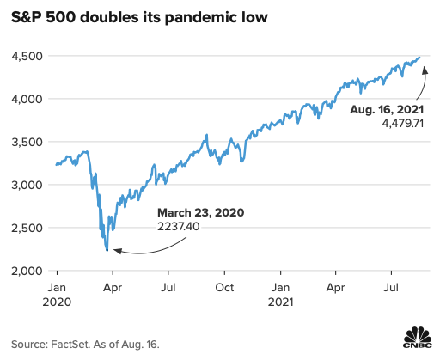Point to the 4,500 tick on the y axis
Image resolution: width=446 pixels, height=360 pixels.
coord(27,57)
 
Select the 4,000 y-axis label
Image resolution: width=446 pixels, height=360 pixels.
coord(27,100)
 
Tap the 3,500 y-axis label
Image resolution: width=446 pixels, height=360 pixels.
coord(27,143)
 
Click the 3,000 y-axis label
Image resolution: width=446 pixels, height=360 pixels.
coord(27,186)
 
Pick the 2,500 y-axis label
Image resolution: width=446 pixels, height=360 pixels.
coord(27,229)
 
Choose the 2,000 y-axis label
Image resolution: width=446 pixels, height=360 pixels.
coord(27,272)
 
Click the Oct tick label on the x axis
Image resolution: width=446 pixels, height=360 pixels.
coord(224,289)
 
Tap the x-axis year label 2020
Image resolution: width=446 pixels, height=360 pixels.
coord(56,302)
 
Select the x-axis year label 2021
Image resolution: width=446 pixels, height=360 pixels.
coord(281,302)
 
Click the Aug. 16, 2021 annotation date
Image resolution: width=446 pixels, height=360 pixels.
coord(385,110)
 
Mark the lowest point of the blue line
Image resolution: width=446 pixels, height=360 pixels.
coord(107,250)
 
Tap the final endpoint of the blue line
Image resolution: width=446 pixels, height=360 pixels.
coord(419,58)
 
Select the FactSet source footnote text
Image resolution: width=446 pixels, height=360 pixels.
coord(86,343)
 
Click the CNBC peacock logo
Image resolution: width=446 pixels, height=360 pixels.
coord(419,337)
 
